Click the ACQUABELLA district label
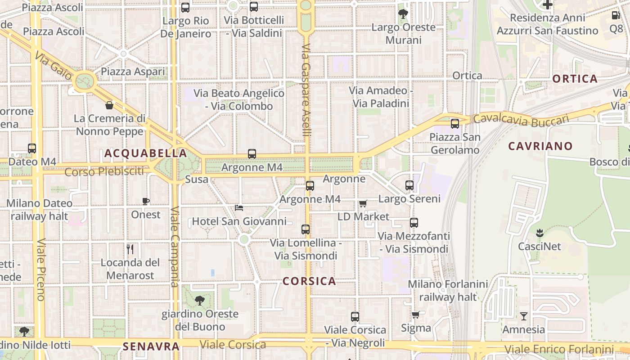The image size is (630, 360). (x=146, y=153)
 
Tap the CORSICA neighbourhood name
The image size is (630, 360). (x=309, y=281)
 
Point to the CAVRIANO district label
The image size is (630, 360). (x=540, y=146)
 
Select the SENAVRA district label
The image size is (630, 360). (x=151, y=346)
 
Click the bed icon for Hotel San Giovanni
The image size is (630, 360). (x=239, y=208)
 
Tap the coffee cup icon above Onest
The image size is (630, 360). (x=145, y=201)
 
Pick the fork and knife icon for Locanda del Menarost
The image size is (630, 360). (x=130, y=249)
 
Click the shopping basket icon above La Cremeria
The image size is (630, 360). (x=109, y=106)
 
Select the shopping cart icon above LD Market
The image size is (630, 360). (x=363, y=203)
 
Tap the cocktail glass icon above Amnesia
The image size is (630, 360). (x=523, y=316)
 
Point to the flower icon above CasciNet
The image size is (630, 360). (x=539, y=233)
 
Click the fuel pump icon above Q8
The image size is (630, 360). (x=616, y=15)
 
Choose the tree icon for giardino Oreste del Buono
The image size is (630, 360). (x=199, y=300)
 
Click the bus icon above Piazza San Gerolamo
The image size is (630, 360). (x=455, y=123)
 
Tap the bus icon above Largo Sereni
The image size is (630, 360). (x=409, y=185)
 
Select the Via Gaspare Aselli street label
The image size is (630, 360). (x=306, y=90)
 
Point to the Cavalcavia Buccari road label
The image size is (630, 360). (x=521, y=120)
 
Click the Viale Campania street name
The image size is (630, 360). (x=175, y=247)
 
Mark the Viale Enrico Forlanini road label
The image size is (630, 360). (x=559, y=349)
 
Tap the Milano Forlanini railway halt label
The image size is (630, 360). (x=448, y=291)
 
